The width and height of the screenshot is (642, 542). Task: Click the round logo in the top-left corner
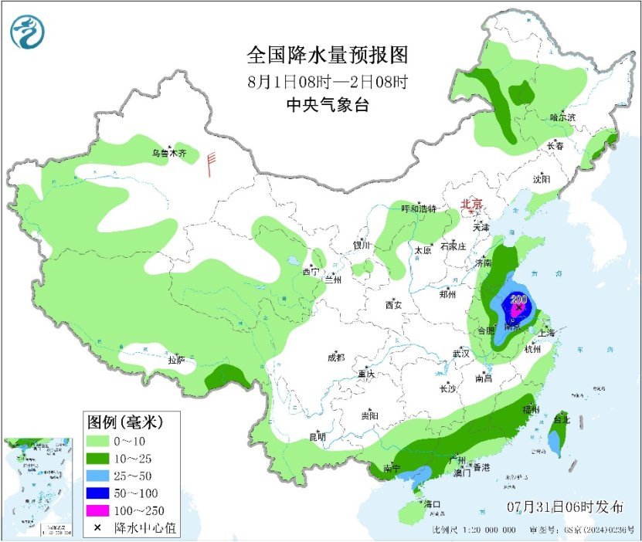28,32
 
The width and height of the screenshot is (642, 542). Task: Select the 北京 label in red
471,204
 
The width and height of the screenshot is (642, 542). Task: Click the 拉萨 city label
176,360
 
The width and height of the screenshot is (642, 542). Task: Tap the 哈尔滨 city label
562,117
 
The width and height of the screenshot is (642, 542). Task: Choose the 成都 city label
335,357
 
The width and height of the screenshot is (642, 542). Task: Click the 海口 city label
432,504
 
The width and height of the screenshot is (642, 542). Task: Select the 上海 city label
546,333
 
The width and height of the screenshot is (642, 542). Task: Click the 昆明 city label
318,436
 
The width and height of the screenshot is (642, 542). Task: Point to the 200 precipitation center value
519,300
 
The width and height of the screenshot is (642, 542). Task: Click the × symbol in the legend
98,527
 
